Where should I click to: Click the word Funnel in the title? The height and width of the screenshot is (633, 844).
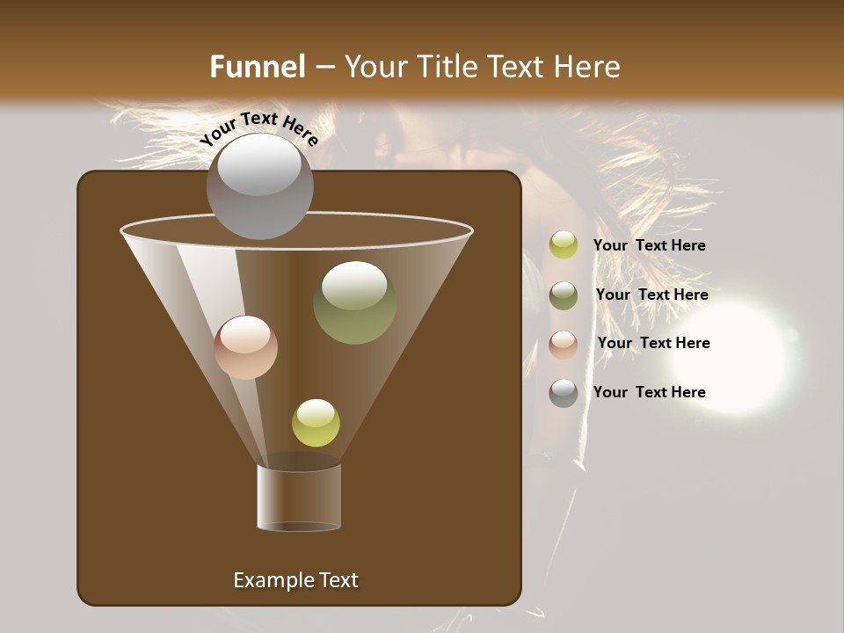coord(257,67)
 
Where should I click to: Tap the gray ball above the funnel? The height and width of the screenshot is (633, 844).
coord(259,186)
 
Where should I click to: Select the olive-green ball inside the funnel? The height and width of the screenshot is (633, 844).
coord(354,302)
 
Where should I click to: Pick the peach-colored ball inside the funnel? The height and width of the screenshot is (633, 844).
coord(245,347)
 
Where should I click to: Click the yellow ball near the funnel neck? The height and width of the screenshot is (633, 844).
coord(316,423)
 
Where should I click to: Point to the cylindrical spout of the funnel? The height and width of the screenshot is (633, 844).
coord(299,497)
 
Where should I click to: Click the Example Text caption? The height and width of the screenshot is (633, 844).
coord(295,580)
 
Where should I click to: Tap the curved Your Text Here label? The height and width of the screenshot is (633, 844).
coord(258,127)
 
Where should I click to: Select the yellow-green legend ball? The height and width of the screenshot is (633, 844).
coord(564,245)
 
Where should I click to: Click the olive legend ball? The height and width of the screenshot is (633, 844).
coord(564,295)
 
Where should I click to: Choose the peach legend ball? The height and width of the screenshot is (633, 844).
coord(564,345)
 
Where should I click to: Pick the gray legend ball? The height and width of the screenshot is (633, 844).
coord(564,393)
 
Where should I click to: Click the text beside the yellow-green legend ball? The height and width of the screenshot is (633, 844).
coord(649,245)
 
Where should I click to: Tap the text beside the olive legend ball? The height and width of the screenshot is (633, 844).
coord(651,295)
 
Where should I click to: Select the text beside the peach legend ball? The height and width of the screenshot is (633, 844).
coord(653,343)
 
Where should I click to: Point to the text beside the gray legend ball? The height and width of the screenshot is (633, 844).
coord(649,392)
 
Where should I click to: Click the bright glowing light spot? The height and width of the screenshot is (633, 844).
coord(735,357)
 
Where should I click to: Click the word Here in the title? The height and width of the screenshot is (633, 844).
coord(588,67)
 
